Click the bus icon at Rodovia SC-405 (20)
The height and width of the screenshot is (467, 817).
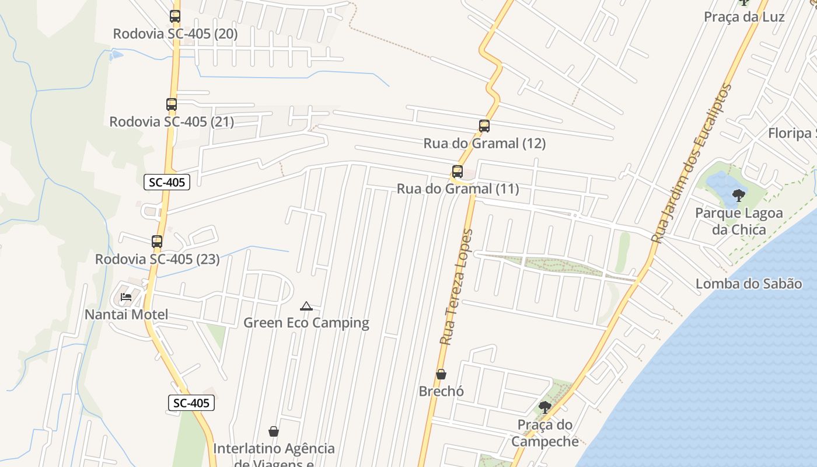point(175,16)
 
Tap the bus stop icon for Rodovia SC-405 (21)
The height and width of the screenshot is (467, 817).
point(172,104)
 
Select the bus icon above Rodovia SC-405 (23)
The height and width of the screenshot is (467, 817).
point(157,242)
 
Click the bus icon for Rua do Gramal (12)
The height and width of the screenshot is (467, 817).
point(484,126)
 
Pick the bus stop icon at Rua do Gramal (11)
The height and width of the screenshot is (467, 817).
point(458,172)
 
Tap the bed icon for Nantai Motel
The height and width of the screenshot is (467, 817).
point(126,297)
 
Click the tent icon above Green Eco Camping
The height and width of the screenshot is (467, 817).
point(306,306)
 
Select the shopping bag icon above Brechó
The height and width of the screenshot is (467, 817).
point(441,374)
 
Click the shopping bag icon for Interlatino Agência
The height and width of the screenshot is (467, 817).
point(273,431)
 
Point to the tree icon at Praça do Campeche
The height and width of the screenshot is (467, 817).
point(545,407)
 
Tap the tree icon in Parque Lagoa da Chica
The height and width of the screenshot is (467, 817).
point(739,195)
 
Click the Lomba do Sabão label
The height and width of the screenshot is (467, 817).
point(749,284)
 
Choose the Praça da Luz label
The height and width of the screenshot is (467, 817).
point(744,17)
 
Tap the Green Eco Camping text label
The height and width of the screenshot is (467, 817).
point(306,323)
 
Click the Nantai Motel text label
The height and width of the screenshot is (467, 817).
point(127,315)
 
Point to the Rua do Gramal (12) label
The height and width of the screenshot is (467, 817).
point(484,143)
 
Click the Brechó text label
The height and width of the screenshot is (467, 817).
point(442,391)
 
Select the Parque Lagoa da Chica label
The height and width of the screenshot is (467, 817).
point(739,221)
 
